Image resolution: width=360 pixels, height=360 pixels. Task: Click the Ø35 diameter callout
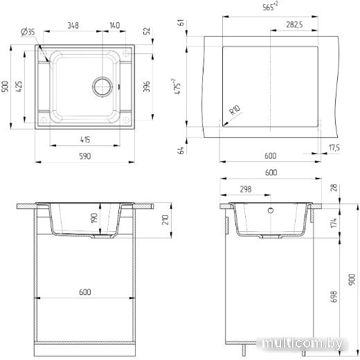[x=28, y=31]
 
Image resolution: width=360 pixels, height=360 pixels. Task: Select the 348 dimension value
[x=73, y=25]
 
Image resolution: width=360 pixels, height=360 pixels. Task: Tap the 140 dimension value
[x=114, y=25]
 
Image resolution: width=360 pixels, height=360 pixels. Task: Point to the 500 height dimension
[x=5, y=87]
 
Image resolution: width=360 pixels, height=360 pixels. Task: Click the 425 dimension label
[x=19, y=87]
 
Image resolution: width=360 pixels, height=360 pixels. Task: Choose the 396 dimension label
[x=146, y=87]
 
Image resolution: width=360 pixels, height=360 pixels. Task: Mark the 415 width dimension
[x=85, y=140]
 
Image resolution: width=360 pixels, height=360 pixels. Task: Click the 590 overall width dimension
[x=85, y=156]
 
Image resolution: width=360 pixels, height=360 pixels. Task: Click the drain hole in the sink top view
[x=102, y=87]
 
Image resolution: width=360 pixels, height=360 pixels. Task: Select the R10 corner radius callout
[x=235, y=110]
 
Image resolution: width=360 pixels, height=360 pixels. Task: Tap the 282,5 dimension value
[x=294, y=24]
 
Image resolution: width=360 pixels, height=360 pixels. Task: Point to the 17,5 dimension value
[x=334, y=147]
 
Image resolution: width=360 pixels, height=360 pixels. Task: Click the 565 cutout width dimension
[x=270, y=6]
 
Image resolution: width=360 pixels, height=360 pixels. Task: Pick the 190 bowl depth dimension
[x=94, y=218]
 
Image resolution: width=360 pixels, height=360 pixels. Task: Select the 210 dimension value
[x=165, y=219]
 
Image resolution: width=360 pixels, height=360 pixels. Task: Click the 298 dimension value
[x=246, y=189]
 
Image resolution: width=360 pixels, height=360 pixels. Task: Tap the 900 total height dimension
[x=352, y=279]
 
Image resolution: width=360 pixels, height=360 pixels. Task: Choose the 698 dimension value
[x=334, y=296]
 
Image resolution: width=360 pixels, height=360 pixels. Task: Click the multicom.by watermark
[x=303, y=343]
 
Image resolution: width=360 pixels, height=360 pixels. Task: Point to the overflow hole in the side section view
[x=271, y=210]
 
